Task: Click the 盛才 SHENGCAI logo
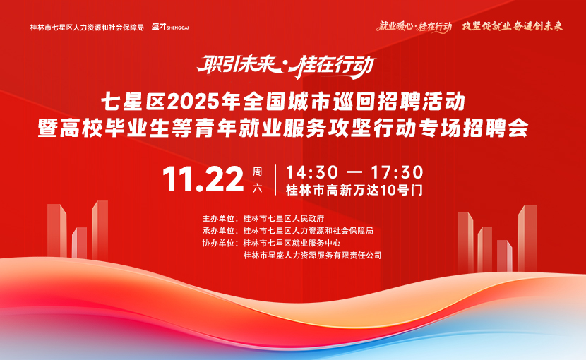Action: point(170,27)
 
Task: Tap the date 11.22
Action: point(203,179)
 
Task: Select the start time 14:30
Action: point(312,172)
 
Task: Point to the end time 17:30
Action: point(397,172)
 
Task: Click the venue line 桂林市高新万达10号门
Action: point(354,191)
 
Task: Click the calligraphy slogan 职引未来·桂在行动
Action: point(286,66)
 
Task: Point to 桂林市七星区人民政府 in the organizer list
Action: point(284,218)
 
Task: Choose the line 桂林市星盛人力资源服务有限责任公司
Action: point(313,256)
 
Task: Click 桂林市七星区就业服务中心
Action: point(292,243)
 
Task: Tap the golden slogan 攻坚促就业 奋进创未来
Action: point(513,26)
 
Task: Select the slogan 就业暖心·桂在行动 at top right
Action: point(414,27)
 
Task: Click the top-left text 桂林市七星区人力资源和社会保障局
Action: point(87,28)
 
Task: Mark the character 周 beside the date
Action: point(257,172)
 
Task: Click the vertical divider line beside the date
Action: point(275,180)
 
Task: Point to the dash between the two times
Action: point(354,173)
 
